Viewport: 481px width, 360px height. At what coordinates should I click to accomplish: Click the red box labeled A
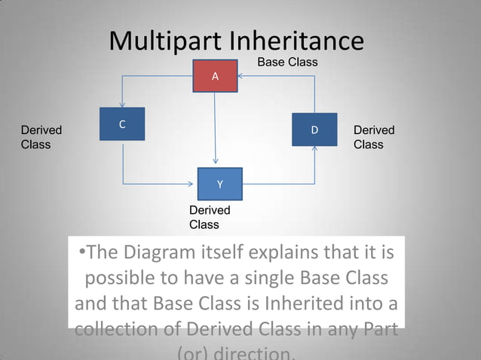pyautogui.click(x=215, y=76)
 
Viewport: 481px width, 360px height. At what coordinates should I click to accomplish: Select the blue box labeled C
pyautogui.click(x=122, y=124)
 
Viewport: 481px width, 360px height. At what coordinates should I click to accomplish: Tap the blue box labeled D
pyautogui.click(x=314, y=130)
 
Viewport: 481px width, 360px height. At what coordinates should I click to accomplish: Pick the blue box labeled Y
pyautogui.click(x=219, y=184)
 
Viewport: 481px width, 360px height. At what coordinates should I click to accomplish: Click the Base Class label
pyautogui.click(x=287, y=62)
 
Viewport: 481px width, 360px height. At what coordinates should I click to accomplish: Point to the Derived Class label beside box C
pyautogui.click(x=41, y=137)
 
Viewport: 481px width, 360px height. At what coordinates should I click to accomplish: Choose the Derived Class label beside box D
pyautogui.click(x=374, y=137)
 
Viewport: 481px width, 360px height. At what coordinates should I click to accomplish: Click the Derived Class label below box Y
pyautogui.click(x=210, y=217)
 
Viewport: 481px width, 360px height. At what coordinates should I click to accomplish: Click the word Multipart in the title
pyautogui.click(x=164, y=41)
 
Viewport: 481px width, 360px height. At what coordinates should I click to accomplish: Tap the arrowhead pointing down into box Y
pyautogui.click(x=216, y=164)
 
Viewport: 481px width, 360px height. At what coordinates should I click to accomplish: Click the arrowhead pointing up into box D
pyautogui.click(x=314, y=149)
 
